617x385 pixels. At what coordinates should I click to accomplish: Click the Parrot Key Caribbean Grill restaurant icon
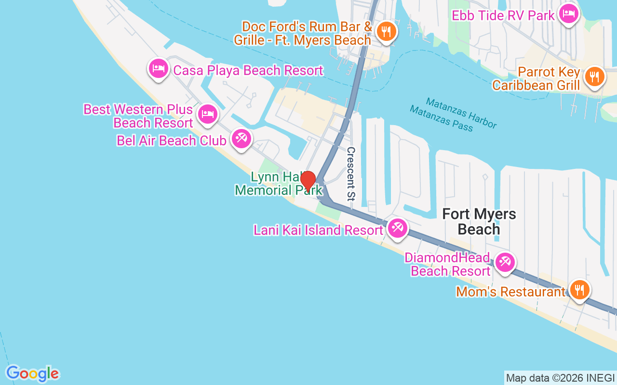(x=595, y=77)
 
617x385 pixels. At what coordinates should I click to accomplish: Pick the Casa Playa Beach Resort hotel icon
(x=159, y=68)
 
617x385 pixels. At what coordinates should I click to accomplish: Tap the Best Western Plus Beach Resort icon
(x=207, y=114)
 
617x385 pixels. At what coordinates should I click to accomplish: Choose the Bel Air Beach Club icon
(x=240, y=139)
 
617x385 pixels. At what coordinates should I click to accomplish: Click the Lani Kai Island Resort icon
(x=397, y=228)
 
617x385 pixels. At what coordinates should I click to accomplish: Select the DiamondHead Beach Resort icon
(x=505, y=263)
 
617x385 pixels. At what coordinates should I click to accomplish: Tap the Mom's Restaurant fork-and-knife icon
(x=579, y=290)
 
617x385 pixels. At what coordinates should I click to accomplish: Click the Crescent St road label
(x=351, y=174)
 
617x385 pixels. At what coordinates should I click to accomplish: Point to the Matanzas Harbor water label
(x=461, y=113)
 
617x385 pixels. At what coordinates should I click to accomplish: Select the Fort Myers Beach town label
(x=479, y=221)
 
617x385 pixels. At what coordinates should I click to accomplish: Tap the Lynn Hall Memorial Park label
(x=278, y=184)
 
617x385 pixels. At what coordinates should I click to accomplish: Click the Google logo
(x=33, y=373)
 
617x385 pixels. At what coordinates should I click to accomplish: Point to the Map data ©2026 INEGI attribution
(x=560, y=378)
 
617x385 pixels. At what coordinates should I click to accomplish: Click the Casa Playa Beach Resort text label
(x=248, y=70)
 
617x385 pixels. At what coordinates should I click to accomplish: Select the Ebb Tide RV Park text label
(x=503, y=15)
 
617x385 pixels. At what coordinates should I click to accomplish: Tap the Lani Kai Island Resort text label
(x=318, y=230)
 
